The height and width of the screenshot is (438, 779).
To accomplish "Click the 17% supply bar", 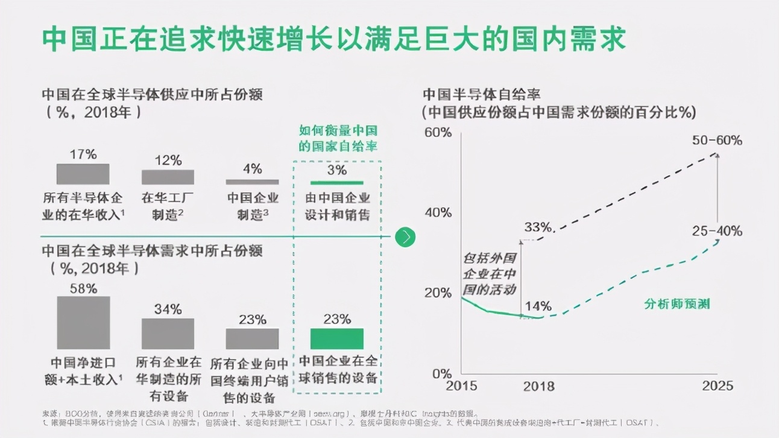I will coord(83,174).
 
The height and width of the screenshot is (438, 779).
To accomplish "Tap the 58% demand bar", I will coord(83,322).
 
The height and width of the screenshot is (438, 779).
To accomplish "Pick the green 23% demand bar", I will coord(336,338).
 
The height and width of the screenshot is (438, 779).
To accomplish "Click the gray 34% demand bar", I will coord(168,334).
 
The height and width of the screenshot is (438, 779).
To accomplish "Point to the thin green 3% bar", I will coord(336,182).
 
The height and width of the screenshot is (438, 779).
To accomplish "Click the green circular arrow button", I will coord(405,237).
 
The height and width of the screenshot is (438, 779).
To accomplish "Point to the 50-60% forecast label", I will coord(717,141).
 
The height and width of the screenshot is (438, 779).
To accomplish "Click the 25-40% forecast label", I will coord(717,231).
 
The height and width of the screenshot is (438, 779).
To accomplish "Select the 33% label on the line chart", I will coord(538,227).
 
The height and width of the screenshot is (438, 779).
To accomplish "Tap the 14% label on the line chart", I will coord(537,305).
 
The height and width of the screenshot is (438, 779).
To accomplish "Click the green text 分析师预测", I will coord(676,303).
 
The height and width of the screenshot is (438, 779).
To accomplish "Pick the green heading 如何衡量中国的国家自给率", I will coord(338,138).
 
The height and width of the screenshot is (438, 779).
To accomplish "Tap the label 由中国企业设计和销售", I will coord(337,206).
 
